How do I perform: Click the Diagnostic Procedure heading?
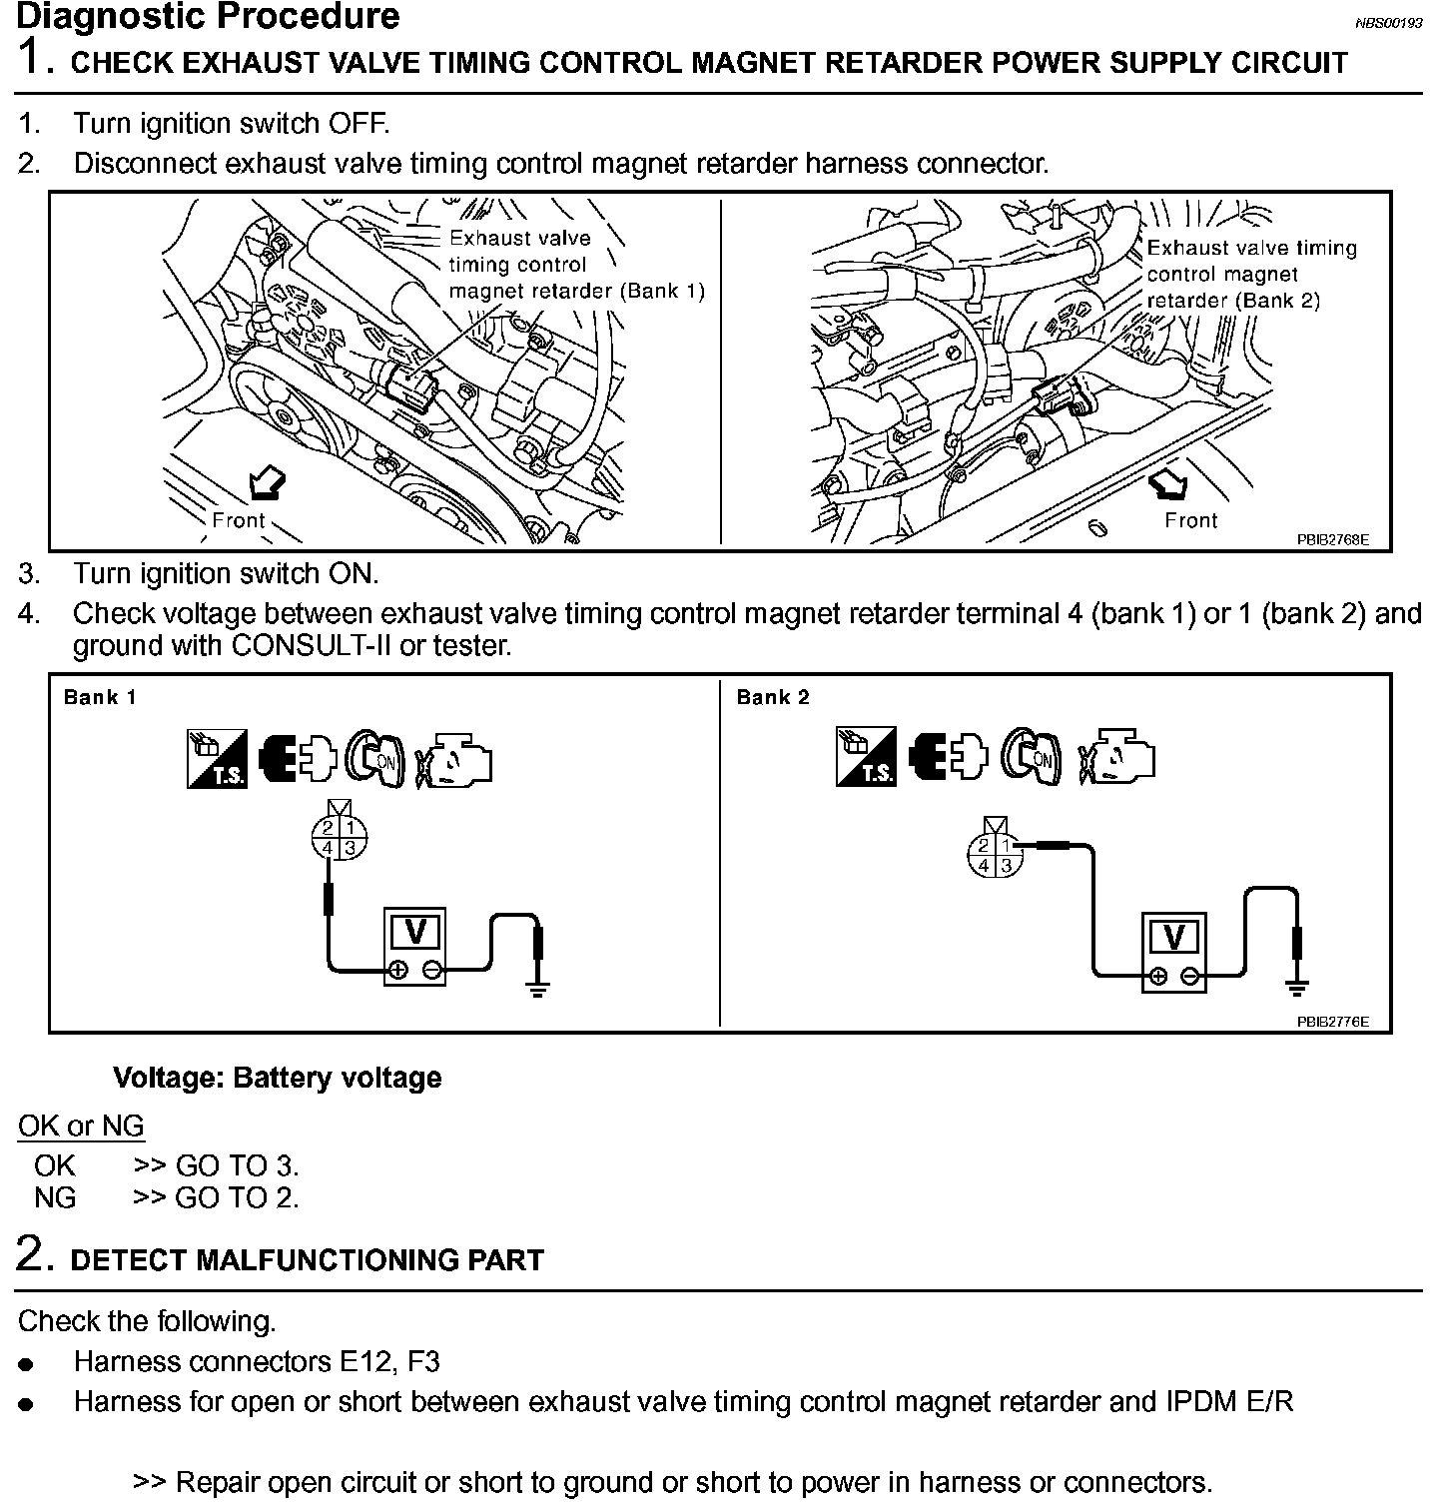[x=208, y=17]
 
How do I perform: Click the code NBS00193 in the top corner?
[x=1388, y=24]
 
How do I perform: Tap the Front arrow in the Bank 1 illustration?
[x=266, y=484]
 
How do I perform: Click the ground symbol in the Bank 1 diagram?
[x=538, y=989]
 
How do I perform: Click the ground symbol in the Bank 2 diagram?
[x=1297, y=988]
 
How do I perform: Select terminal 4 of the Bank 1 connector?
[x=328, y=849]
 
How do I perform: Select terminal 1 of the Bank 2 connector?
[x=1007, y=846]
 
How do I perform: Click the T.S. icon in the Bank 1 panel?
[x=217, y=759]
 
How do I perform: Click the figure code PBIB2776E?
[x=1332, y=1022]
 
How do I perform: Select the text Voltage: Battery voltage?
[x=277, y=1078]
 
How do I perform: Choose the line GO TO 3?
[x=216, y=1165]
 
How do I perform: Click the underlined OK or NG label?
[x=81, y=1126]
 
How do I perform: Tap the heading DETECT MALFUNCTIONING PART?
[x=307, y=1259]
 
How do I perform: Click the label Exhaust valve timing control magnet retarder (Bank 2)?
[x=1250, y=274]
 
